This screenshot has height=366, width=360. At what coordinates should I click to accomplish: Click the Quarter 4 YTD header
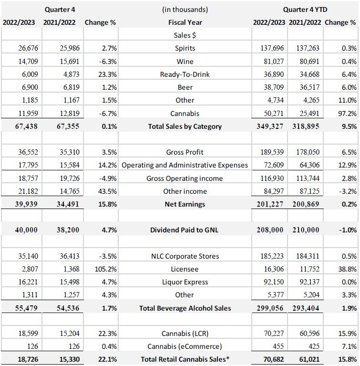click(305, 10)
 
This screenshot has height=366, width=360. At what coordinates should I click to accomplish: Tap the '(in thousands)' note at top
click(185, 10)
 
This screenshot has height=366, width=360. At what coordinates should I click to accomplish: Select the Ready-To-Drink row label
click(185, 74)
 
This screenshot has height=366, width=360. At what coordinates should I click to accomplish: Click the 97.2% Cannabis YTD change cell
click(348, 114)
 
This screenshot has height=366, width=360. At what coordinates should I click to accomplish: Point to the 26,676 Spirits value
click(28, 48)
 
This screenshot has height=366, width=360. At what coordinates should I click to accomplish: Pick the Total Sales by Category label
click(185, 126)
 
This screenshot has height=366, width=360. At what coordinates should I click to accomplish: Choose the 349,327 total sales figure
click(270, 126)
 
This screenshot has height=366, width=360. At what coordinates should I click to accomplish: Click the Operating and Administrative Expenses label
click(185, 165)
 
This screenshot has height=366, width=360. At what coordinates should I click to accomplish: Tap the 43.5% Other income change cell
click(107, 191)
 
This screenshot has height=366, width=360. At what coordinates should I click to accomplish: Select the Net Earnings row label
click(185, 204)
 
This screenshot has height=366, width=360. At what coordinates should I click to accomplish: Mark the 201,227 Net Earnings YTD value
click(270, 204)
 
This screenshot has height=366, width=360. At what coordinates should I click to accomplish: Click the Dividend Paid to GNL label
click(185, 230)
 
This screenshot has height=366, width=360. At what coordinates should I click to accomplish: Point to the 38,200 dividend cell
click(68, 230)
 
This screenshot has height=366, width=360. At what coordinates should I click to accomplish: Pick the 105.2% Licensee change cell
click(106, 269)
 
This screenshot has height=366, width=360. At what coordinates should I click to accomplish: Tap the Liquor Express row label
click(185, 282)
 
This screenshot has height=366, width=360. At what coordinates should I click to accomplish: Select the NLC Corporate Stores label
click(185, 256)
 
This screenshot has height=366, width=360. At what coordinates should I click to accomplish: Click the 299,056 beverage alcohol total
click(270, 308)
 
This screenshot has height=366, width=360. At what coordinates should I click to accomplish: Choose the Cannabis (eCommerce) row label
click(185, 346)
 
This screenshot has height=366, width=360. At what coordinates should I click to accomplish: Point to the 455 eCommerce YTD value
click(278, 346)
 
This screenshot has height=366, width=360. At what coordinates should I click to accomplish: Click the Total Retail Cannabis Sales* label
click(185, 359)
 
